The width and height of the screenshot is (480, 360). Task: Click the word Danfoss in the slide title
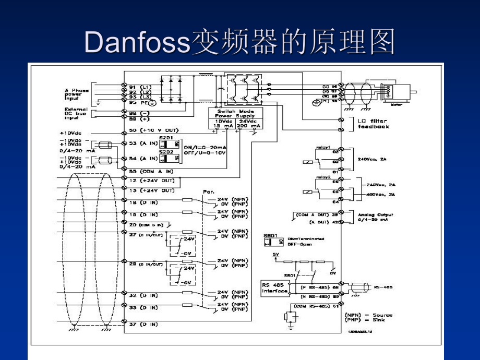tap(137, 42)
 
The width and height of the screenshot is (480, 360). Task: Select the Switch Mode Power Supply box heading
tap(236, 114)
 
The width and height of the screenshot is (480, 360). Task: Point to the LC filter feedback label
tap(374, 124)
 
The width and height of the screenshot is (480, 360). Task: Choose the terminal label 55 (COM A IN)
tap(153, 171)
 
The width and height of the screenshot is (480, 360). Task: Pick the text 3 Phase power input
tap(77, 94)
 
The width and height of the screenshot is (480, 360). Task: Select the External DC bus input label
tap(77, 114)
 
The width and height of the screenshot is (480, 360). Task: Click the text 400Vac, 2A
tap(380, 195)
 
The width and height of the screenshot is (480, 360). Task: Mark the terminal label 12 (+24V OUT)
tap(152, 180)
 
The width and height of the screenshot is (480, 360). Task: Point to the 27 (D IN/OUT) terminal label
tap(147, 235)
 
